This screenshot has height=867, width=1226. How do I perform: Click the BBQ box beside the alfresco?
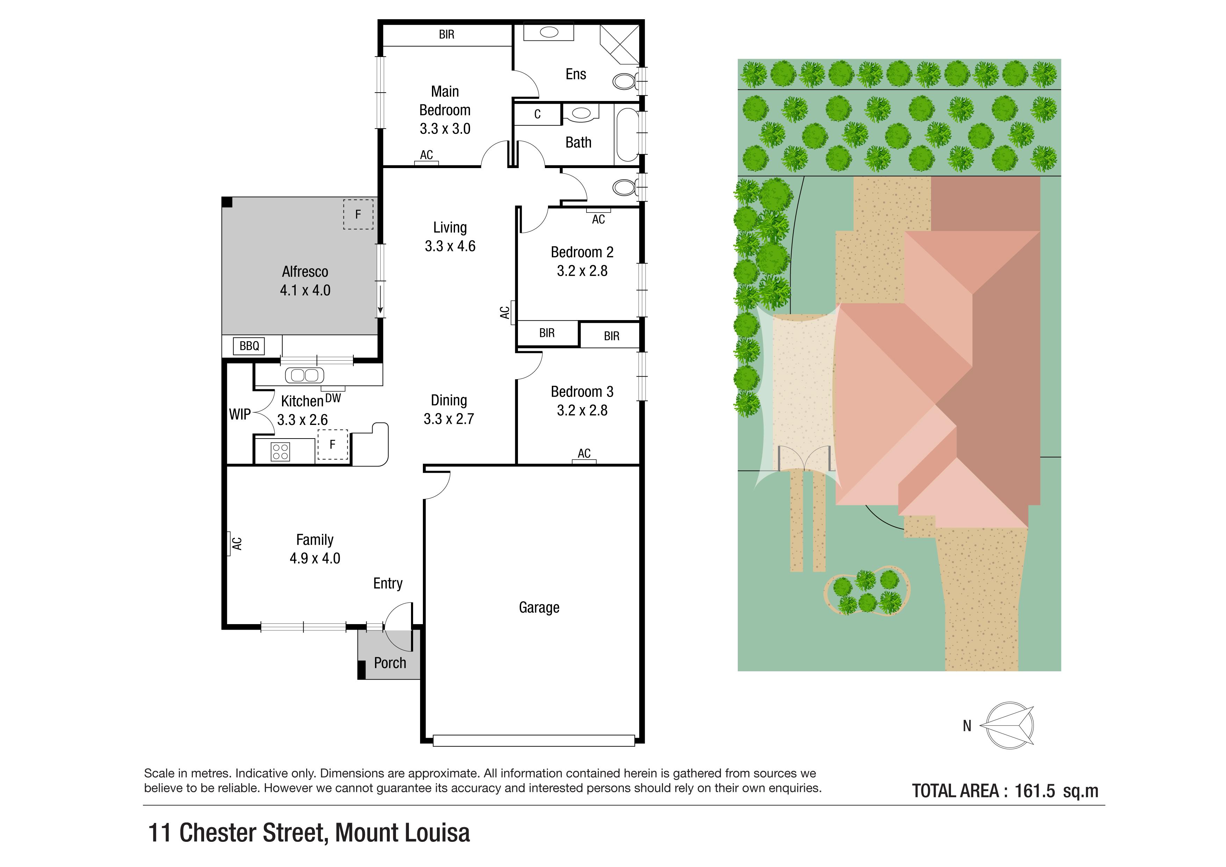[x=249, y=346]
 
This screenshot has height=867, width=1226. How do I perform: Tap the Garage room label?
[x=539, y=608]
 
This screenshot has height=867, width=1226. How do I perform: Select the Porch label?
[x=390, y=663]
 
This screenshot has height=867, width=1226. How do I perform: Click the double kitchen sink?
[x=304, y=375]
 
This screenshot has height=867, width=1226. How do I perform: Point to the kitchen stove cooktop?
[x=280, y=451]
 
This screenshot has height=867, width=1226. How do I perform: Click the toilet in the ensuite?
[x=625, y=81]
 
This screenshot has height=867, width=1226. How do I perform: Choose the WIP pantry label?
[x=240, y=414]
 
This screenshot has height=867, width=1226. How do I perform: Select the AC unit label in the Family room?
[x=237, y=543]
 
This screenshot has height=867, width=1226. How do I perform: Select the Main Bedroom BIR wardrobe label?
[x=446, y=35]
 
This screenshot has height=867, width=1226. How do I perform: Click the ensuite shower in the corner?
[x=619, y=44]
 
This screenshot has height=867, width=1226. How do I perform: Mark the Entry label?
[x=388, y=584]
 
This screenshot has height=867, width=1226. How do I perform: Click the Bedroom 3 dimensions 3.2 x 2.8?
[x=582, y=411]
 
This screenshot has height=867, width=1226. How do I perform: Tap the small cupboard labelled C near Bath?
[x=537, y=114]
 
